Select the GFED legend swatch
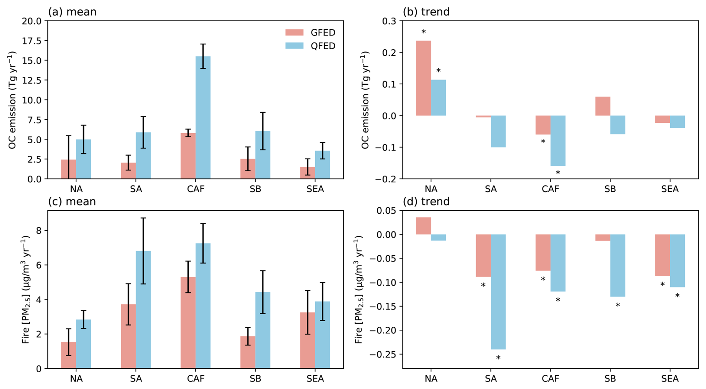tap(294, 32)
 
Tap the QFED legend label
tap(323, 46)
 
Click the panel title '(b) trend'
tap(426, 12)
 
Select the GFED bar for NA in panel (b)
tap(424, 78)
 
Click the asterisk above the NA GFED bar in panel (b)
tap(424, 32)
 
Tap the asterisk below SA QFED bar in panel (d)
tap(498, 358)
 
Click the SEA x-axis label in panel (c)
tap(315, 379)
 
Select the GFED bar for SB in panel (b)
tap(603, 106)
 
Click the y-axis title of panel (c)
tap(25, 289)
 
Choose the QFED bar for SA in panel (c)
tap(143, 310)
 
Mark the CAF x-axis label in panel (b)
tap(550, 189)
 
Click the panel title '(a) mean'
tap(72, 12)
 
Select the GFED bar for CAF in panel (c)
tap(188, 323)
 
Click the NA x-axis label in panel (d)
tap(431, 379)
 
